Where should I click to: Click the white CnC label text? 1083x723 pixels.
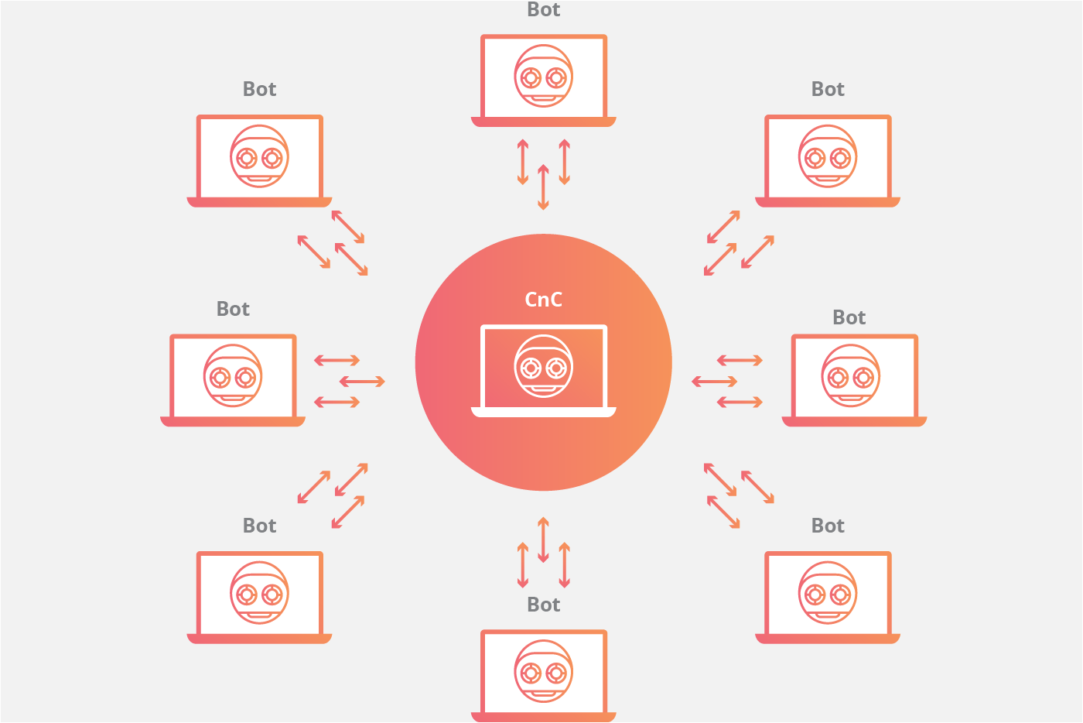pos(543,300)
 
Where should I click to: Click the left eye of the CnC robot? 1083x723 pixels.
pos(531,368)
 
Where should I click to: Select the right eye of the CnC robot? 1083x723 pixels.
pos(556,368)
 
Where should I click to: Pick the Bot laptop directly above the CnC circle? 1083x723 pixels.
pos(543,80)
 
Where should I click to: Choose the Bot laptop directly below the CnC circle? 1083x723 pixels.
pos(543,674)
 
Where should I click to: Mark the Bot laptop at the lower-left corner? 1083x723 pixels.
pos(259,596)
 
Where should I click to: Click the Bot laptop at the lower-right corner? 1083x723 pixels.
pos(828,596)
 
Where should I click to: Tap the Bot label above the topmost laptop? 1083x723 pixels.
pos(543,10)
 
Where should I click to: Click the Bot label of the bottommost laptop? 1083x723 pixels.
pos(543,605)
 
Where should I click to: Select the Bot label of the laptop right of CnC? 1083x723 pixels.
pos(849,317)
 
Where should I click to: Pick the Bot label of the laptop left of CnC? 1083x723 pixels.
pos(233,309)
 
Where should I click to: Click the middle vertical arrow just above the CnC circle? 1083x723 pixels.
pos(543,187)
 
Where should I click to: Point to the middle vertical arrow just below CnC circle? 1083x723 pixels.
pos(543,540)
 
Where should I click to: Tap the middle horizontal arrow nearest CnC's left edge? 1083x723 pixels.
pos(362,381)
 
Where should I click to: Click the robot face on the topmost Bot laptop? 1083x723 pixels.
pos(543,77)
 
